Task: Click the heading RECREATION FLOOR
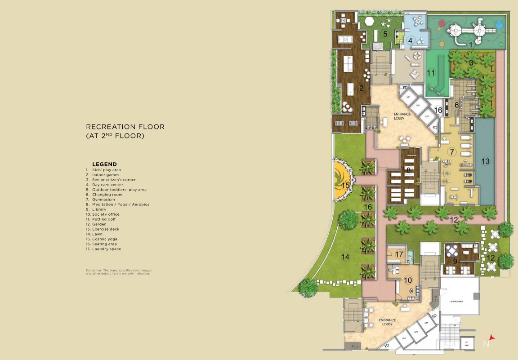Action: (125, 127)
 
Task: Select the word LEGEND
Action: (104, 164)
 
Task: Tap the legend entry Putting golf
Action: (104, 219)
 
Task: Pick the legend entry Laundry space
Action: (107, 249)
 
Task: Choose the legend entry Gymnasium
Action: (103, 200)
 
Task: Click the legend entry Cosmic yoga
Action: (105, 239)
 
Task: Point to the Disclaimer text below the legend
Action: (117, 272)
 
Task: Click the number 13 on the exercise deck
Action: (485, 161)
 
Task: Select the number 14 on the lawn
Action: (345, 257)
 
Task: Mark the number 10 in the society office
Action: (408, 280)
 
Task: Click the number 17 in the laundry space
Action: (399, 254)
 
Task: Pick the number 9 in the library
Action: (455, 261)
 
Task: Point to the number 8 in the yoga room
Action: (408, 170)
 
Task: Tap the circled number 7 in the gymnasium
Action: (451, 152)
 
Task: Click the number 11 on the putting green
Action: (431, 73)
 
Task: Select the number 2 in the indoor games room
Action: (362, 88)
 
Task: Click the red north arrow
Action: (492, 337)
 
